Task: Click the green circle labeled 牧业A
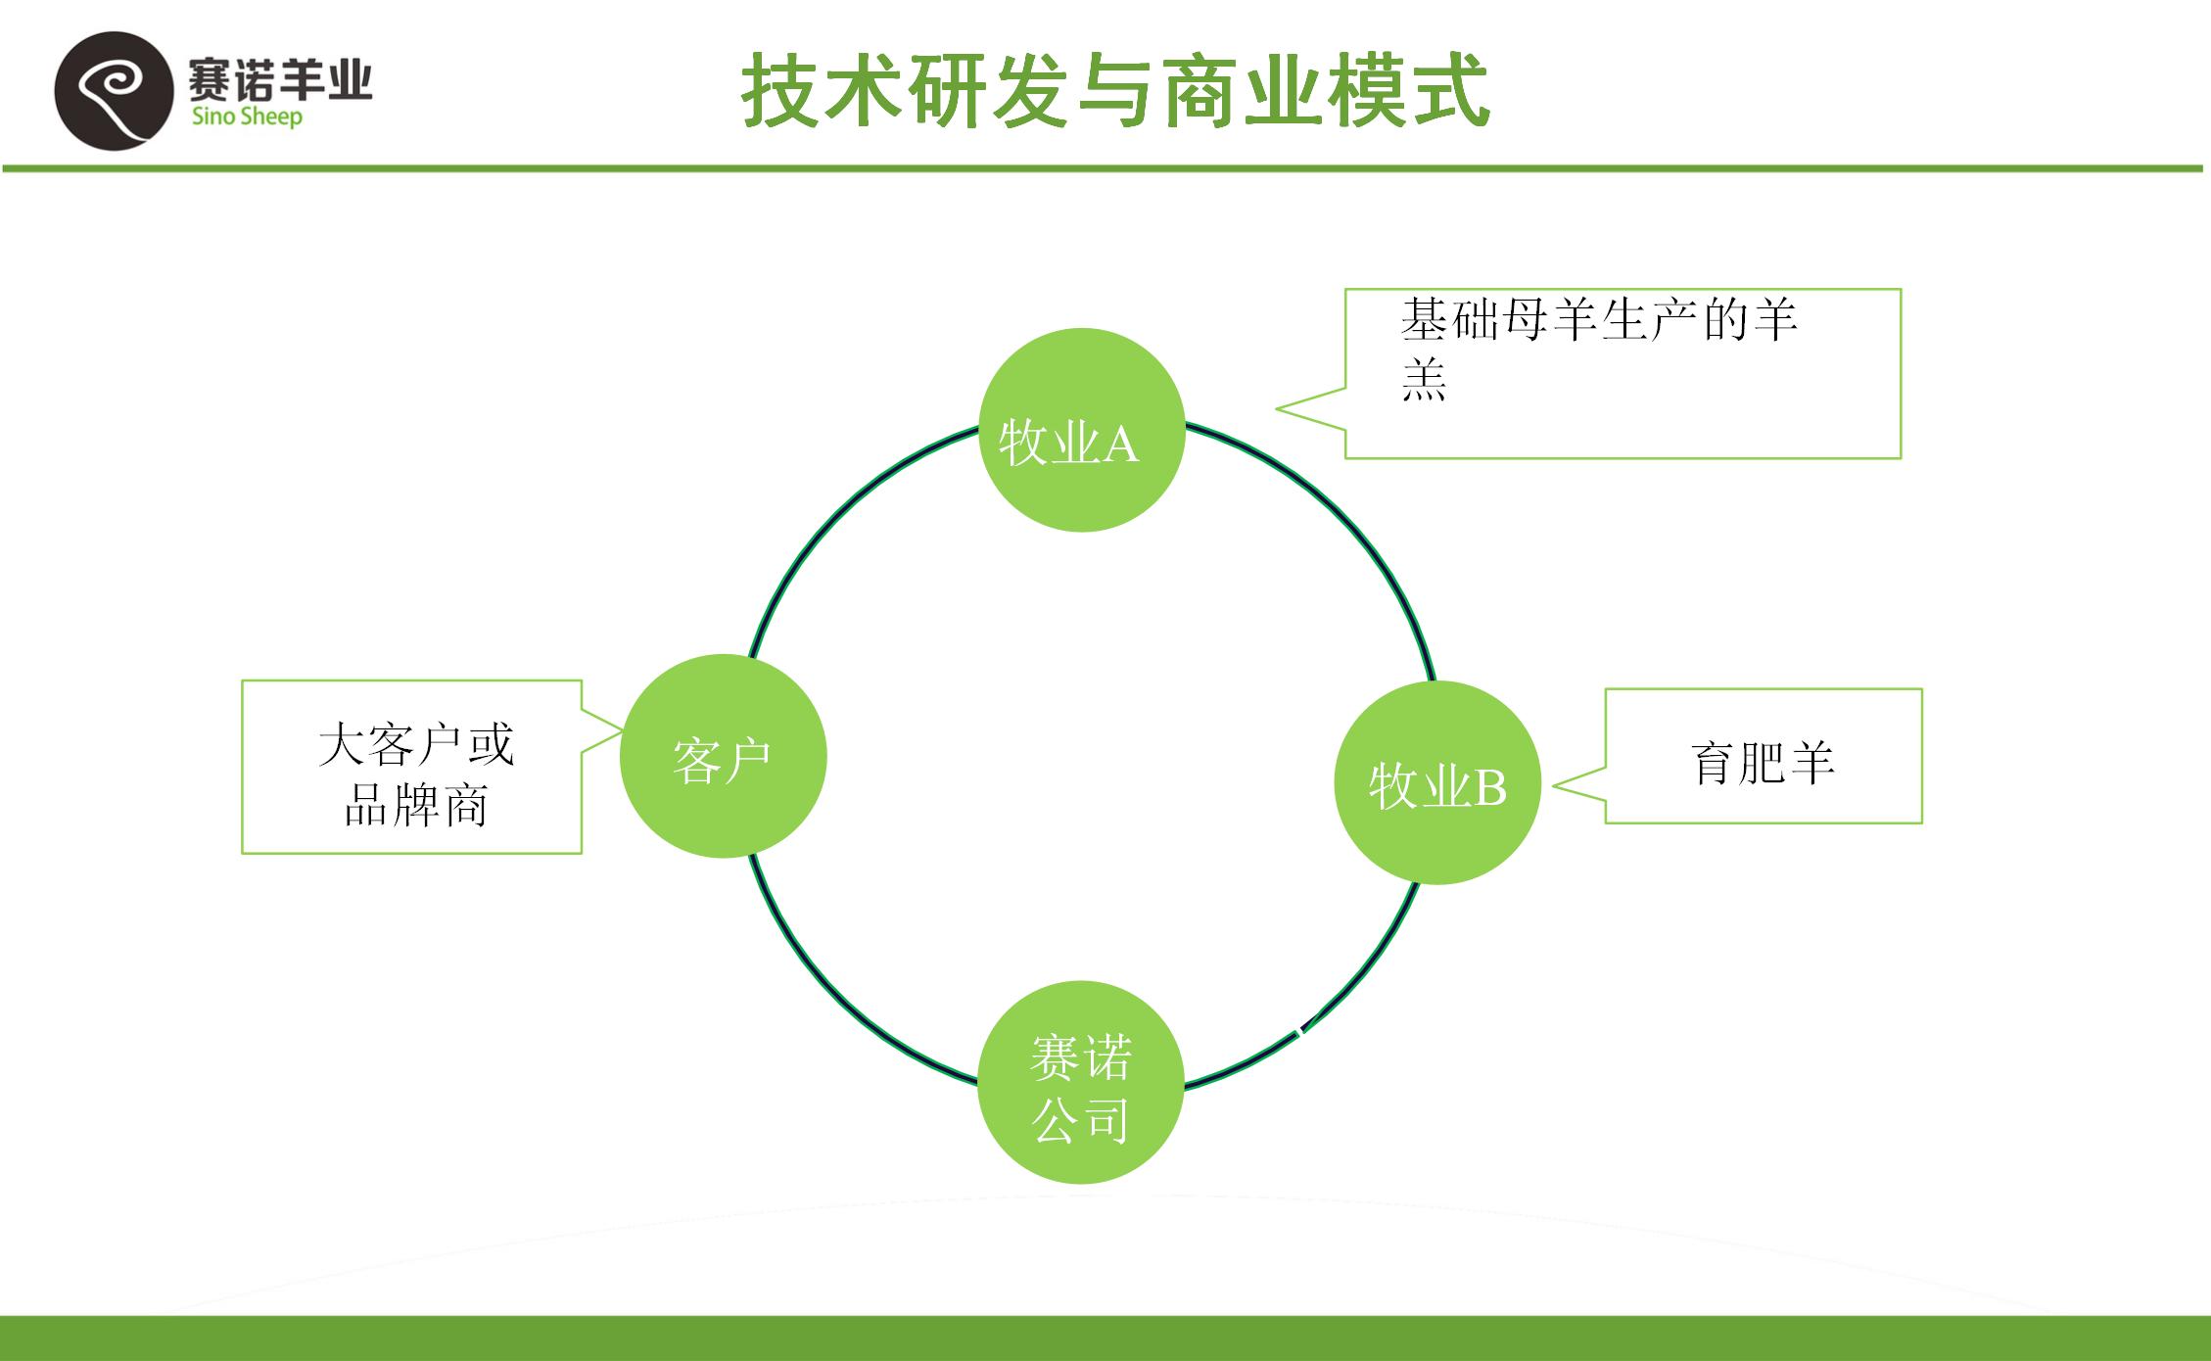point(1082,431)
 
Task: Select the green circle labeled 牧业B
point(1437,783)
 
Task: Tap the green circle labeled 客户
point(723,756)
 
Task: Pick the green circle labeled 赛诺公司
point(1081,1083)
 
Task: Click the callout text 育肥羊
point(1763,763)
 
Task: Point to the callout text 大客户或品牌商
point(415,774)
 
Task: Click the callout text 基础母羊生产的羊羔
point(1598,349)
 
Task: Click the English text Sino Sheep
point(247,117)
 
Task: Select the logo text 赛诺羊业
point(280,78)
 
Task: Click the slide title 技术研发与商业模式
point(1115,92)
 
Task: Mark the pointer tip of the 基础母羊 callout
point(1278,408)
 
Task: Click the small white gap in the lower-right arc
point(1300,1030)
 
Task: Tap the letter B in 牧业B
point(1490,787)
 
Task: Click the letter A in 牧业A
point(1121,446)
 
